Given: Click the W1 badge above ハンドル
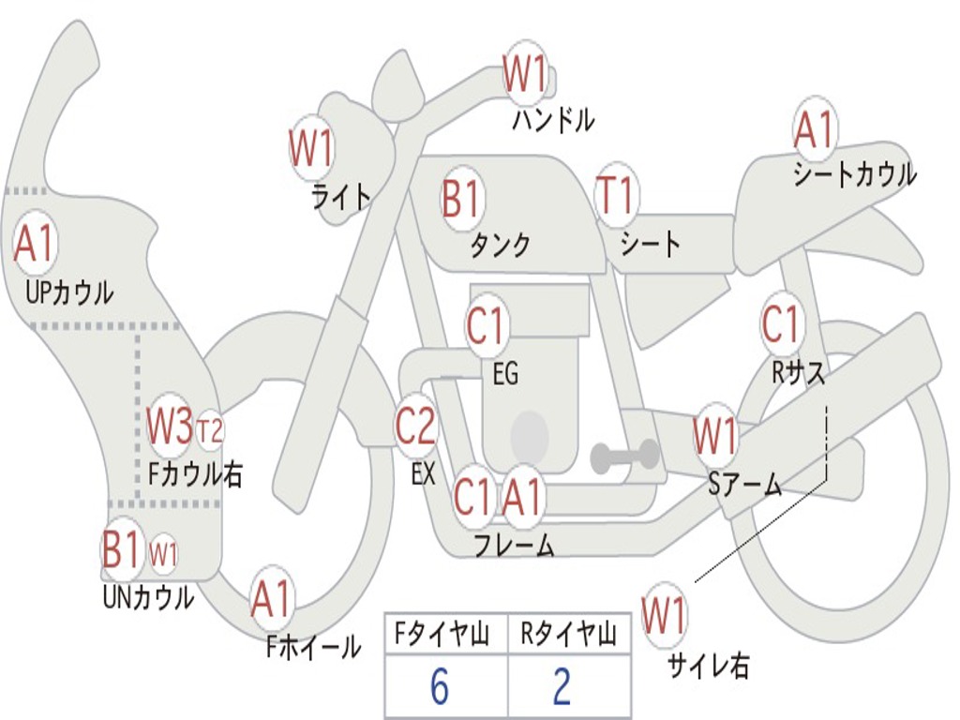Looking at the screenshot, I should tap(525, 73).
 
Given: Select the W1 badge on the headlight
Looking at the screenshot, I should tap(311, 148).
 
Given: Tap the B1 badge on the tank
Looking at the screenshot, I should tap(461, 199).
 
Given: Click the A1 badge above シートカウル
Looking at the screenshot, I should tap(814, 130).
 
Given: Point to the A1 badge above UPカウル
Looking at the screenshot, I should tap(36, 245).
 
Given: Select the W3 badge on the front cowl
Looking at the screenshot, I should tap(170, 427).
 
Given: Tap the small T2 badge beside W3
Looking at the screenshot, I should tap(210, 430).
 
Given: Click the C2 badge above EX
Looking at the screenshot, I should tap(416, 427).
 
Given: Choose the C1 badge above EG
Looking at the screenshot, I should tap(486, 327).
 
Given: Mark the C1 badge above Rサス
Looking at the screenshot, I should tap(780, 324).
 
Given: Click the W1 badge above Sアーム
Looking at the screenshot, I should tap(715, 436).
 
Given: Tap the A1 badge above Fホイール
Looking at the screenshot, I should tap(272, 598).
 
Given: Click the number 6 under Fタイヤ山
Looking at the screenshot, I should tap(440, 686).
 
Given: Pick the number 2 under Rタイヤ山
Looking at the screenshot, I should tap(562, 686).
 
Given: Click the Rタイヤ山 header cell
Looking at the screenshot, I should tap(568, 636).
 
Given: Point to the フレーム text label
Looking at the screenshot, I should tap(514, 545).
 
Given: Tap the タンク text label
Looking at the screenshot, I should tap(500, 246).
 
